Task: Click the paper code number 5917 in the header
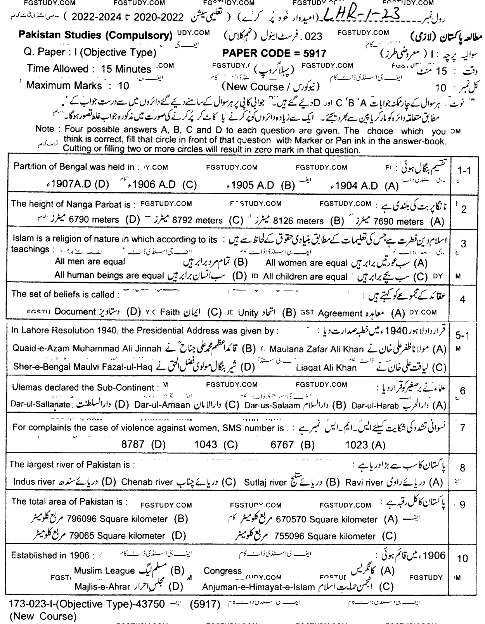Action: (316, 54)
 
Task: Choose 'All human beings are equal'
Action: (109, 275)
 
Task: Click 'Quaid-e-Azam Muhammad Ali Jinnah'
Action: (87, 348)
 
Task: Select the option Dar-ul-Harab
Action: (375, 406)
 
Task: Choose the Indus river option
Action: (34, 482)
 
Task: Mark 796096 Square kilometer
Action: (117, 519)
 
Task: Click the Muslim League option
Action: (104, 570)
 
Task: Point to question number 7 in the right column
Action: (462, 428)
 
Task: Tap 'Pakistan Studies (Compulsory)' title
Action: (95, 36)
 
